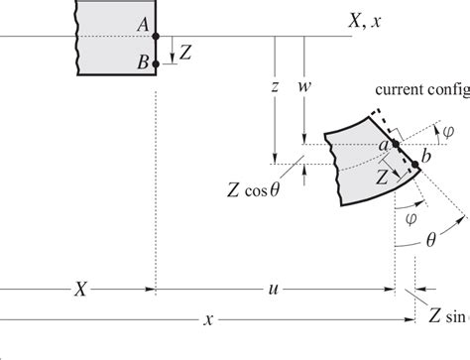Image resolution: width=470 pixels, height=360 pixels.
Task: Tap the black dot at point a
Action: (395, 145)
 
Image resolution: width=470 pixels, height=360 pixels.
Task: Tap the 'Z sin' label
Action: (446, 317)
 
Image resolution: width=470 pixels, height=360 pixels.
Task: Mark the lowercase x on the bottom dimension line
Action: (208, 319)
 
